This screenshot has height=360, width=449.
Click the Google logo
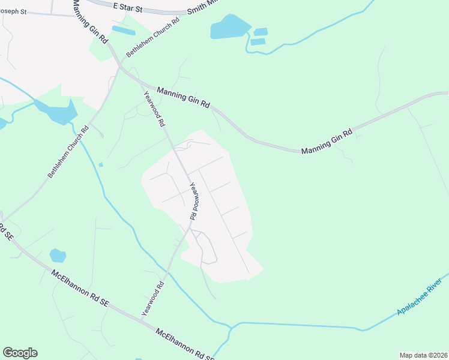(x=20, y=353)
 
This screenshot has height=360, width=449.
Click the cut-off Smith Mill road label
(x=200, y=7)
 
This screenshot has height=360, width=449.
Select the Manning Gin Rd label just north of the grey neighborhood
(x=182, y=97)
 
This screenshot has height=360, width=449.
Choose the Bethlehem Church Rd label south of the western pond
(x=68, y=151)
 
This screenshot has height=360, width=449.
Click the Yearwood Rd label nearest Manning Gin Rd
(x=154, y=109)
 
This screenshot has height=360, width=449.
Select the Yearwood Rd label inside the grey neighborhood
(x=194, y=200)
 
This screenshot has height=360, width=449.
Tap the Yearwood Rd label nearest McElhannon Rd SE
(x=152, y=299)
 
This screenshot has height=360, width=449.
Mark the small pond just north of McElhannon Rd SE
(x=58, y=256)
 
